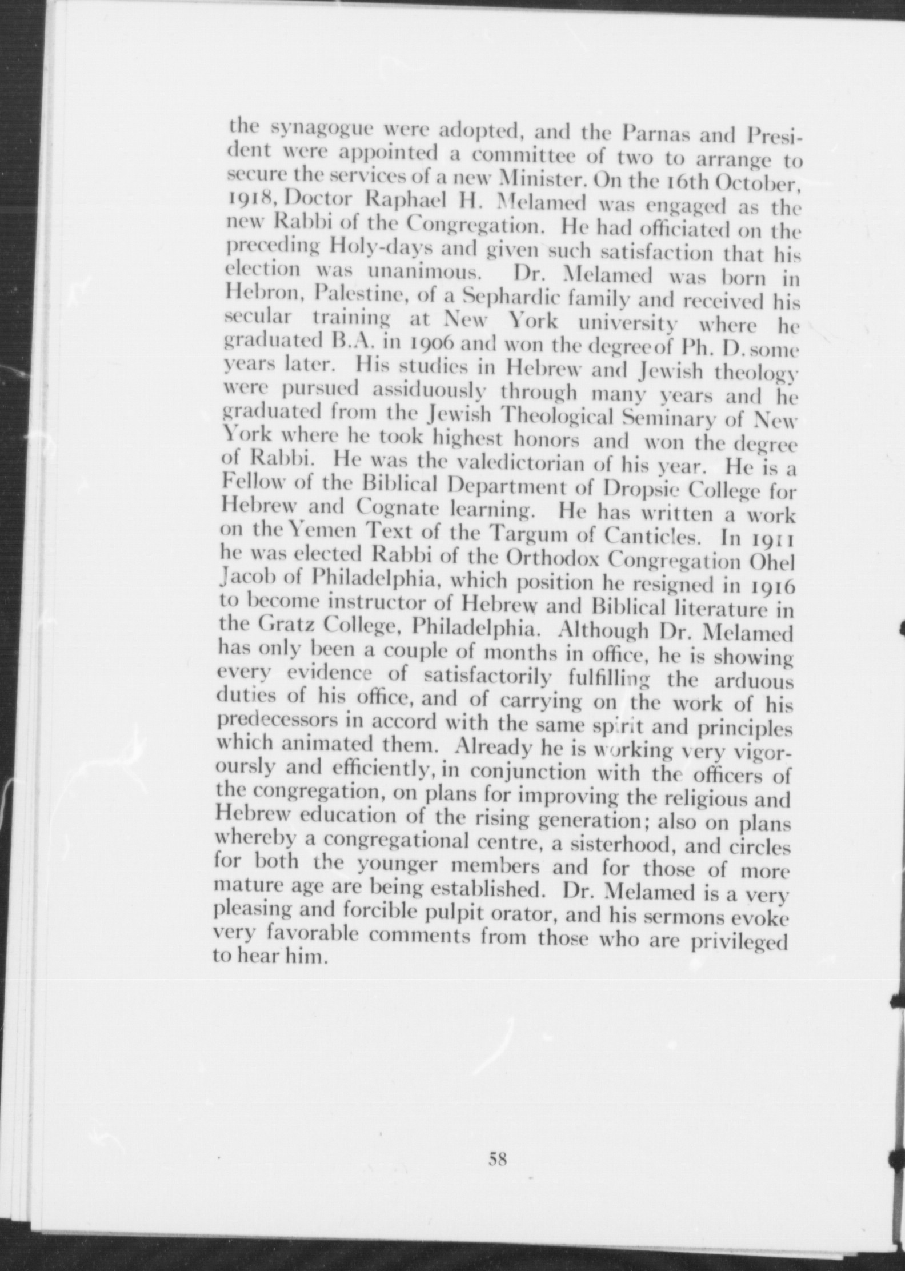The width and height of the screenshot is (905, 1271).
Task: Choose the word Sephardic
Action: pyautogui.click(x=518, y=298)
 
